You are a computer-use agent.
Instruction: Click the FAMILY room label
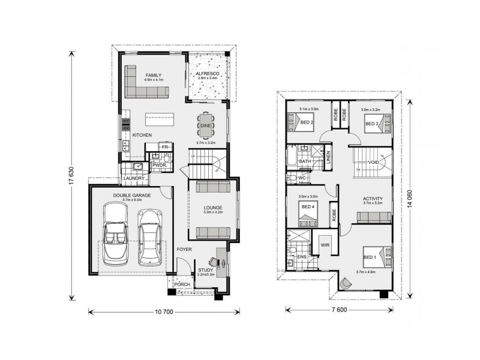pos(154,74)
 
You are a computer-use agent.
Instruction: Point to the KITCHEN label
pos(142,135)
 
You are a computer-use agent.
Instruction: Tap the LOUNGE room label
pos(213,207)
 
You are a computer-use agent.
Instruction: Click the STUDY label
pos(206,270)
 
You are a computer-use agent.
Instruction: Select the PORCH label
pos(182,284)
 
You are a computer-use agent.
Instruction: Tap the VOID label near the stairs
pos(374,162)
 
